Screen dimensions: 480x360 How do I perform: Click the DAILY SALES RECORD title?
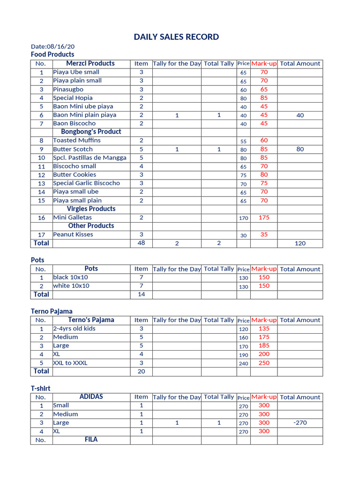(176, 37)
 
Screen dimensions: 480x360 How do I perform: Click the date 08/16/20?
(52, 46)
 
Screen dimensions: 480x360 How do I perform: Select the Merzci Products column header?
(90, 63)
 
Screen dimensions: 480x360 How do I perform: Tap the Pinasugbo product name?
(68, 89)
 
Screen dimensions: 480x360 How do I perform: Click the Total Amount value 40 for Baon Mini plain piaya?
(300, 115)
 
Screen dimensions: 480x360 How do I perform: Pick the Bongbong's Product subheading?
(91, 132)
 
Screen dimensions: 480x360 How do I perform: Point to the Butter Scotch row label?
(73, 149)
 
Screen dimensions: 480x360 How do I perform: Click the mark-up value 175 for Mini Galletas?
(264, 217)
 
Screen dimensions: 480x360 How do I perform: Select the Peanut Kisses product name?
(73, 234)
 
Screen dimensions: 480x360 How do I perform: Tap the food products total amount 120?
(300, 243)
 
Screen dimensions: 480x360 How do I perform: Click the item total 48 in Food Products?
(141, 243)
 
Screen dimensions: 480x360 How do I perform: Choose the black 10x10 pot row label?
(71, 277)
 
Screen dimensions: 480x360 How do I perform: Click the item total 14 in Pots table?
(141, 294)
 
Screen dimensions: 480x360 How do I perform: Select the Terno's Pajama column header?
(91, 320)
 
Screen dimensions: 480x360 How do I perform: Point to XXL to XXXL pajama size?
(70, 363)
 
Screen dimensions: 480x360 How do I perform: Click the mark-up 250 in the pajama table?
(264, 363)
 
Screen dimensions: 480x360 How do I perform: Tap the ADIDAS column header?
(91, 397)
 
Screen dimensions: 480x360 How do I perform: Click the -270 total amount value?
(300, 422)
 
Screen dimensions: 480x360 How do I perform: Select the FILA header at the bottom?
(91, 440)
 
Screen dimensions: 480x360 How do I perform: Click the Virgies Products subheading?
(91, 209)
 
